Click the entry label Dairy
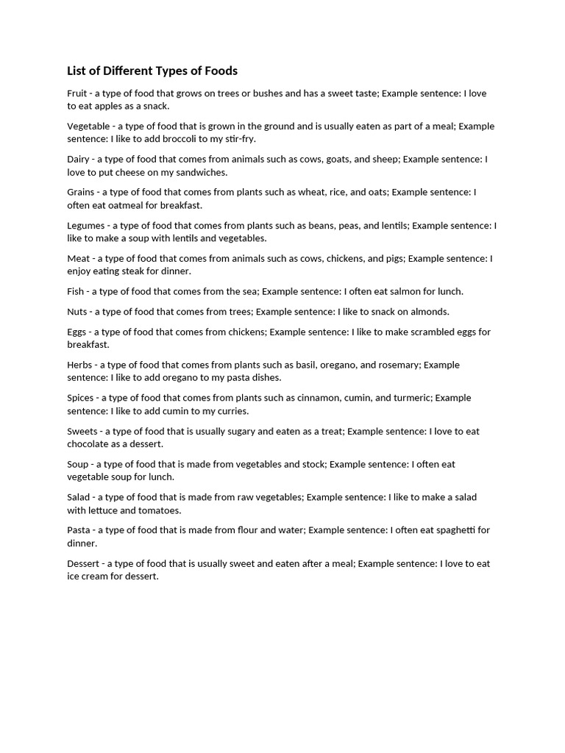coord(78,159)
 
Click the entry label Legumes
coord(86,226)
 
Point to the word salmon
coord(402,291)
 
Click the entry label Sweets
coord(82,431)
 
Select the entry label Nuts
coord(77,312)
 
